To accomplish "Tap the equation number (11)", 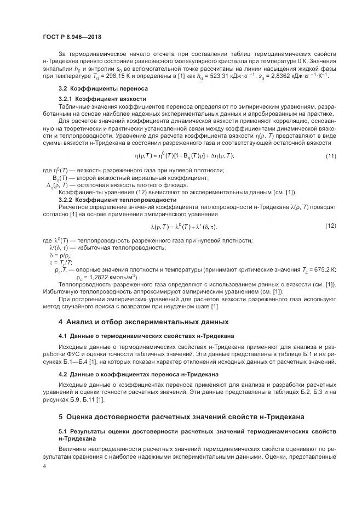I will tap(330, 156).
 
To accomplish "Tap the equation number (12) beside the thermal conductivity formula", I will tap(330, 226).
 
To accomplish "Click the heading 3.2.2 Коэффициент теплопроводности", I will tap(110, 200).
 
